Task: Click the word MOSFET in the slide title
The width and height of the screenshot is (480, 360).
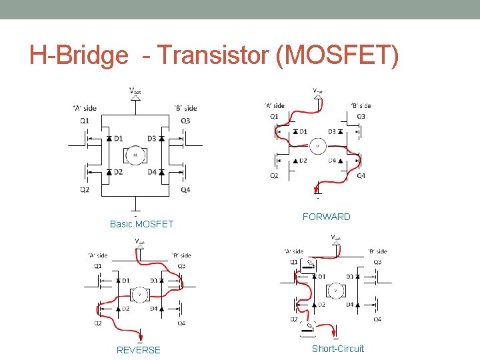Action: (x=337, y=56)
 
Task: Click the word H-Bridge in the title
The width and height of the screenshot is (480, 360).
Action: (x=79, y=56)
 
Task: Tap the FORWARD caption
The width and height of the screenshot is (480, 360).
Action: (x=326, y=217)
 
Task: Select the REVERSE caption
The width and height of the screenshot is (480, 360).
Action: (x=139, y=350)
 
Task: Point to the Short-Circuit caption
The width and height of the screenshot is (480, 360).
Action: (x=338, y=349)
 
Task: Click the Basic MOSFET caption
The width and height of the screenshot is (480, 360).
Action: (x=141, y=224)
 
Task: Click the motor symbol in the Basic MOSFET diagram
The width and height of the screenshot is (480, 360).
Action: (x=135, y=155)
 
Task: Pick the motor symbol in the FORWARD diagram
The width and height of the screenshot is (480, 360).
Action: (x=317, y=146)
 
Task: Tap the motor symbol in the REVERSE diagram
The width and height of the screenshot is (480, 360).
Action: (x=140, y=294)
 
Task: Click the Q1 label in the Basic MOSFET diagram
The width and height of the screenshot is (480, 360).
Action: (x=84, y=120)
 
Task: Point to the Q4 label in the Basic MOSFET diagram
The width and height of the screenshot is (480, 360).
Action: (x=185, y=189)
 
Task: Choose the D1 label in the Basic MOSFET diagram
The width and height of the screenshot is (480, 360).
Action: (x=118, y=139)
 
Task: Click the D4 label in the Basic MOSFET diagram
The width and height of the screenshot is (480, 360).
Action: (x=151, y=172)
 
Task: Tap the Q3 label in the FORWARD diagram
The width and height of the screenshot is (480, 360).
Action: (x=361, y=116)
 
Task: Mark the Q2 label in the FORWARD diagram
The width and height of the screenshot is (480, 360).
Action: (x=274, y=176)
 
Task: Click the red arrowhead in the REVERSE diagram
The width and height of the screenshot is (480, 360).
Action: (x=140, y=337)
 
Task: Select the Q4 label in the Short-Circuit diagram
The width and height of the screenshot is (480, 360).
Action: (x=377, y=320)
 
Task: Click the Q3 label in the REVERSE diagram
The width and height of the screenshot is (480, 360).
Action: (x=181, y=265)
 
